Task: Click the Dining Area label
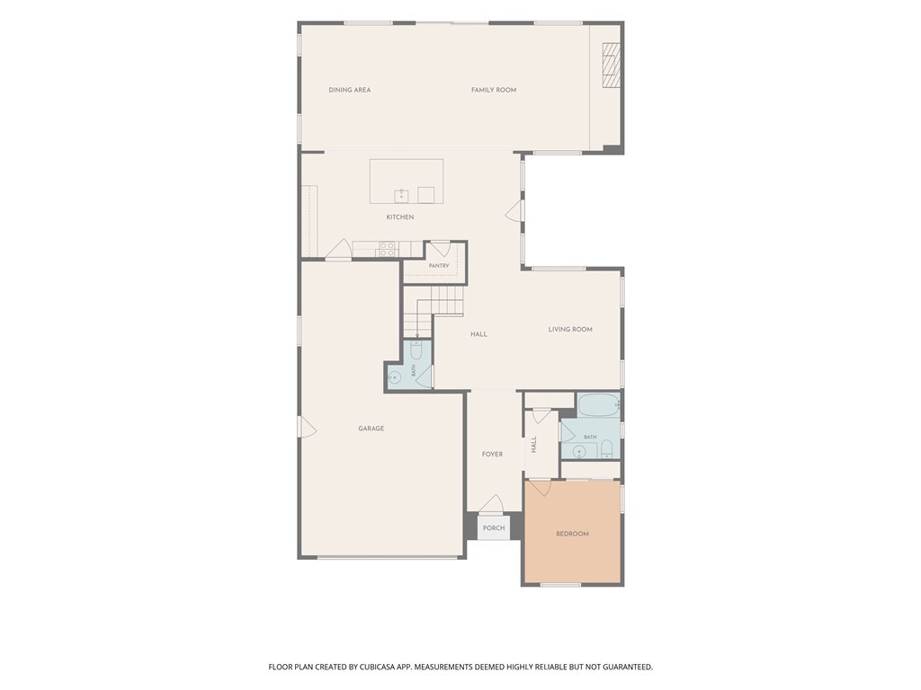point(350,90)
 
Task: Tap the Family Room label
point(494,90)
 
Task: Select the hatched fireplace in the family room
point(612,65)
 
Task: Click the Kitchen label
point(400,217)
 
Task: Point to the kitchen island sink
point(402,195)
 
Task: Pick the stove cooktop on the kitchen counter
point(388,250)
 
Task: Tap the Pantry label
point(439,266)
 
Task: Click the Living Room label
point(570,329)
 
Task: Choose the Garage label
point(371,429)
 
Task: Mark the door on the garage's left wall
point(308,427)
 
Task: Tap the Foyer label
point(492,454)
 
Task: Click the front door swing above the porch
point(492,503)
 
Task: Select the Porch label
point(494,528)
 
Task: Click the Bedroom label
point(572,534)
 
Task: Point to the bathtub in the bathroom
point(598,405)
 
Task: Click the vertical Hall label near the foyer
point(534,444)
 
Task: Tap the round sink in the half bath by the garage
point(395,376)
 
